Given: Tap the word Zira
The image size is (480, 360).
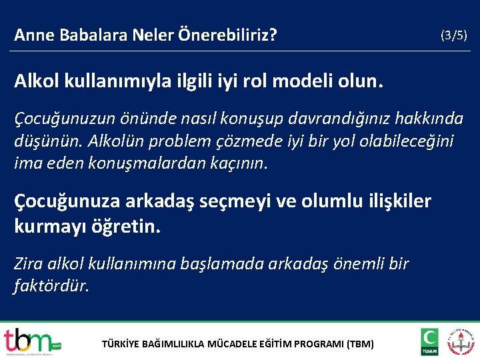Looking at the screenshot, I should (x=29, y=264).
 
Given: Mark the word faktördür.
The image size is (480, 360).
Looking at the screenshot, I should (x=51, y=287).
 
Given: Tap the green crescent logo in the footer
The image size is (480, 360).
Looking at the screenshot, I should (x=429, y=341).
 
